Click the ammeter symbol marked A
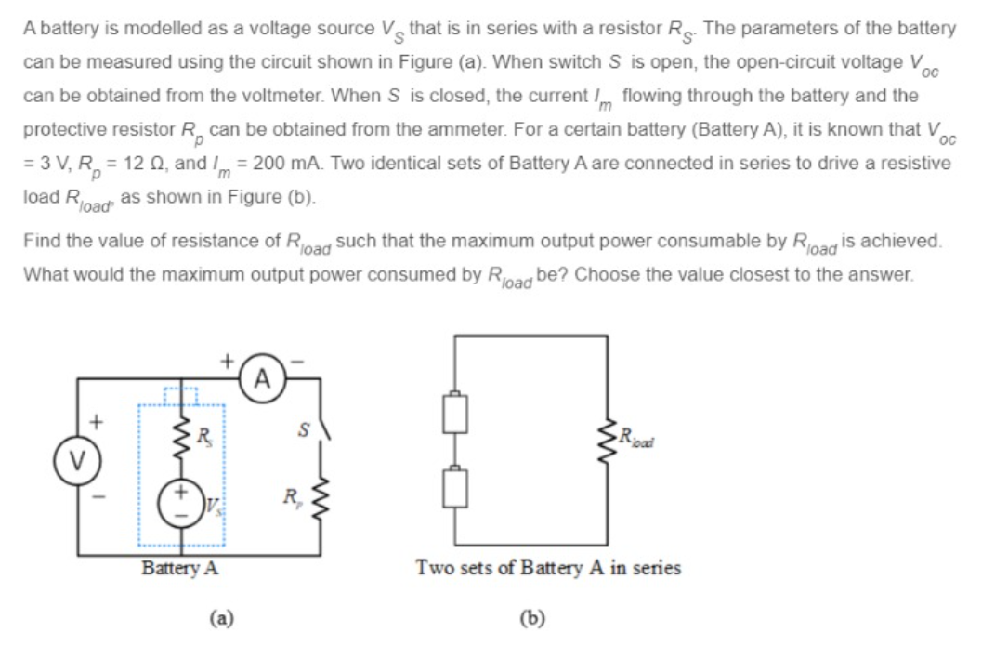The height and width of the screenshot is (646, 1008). pos(264,378)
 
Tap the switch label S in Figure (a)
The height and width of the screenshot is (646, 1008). pos(300,430)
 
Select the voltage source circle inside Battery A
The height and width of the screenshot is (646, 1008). pos(182,497)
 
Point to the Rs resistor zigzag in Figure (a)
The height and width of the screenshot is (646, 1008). pos(182,434)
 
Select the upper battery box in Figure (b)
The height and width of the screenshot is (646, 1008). pos(453,414)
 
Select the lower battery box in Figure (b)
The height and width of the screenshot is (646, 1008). pos(453,487)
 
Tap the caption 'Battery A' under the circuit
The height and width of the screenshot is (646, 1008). pos(179,568)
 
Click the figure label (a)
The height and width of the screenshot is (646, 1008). pos(220,616)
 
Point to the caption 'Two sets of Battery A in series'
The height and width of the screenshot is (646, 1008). pos(547,567)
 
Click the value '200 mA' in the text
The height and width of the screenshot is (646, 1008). pos(281,164)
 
